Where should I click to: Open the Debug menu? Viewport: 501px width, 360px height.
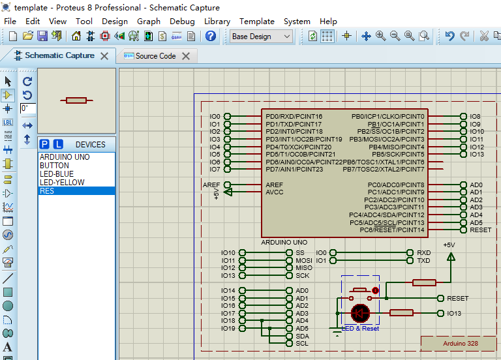(x=182, y=21)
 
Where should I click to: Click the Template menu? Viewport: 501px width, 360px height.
(x=256, y=21)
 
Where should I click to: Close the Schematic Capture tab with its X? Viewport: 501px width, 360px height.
(x=104, y=56)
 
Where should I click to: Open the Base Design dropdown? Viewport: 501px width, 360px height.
(x=261, y=37)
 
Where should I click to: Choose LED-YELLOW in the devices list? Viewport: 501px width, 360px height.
(x=62, y=183)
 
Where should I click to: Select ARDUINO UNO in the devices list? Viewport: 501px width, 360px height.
(x=65, y=157)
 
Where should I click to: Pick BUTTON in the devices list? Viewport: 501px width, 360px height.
(x=54, y=166)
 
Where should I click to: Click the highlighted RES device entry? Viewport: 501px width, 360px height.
(x=47, y=191)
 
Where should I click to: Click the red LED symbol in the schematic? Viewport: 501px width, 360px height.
(x=360, y=313)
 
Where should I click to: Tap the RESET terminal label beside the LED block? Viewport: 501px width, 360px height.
(x=457, y=298)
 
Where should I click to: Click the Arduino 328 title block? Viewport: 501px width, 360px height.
(x=460, y=343)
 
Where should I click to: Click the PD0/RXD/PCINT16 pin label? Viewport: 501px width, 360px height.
(x=294, y=117)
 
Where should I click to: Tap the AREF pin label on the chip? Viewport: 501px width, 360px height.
(x=274, y=185)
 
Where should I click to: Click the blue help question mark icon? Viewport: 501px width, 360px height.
(x=211, y=37)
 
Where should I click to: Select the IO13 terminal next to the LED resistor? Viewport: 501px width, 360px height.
(x=454, y=314)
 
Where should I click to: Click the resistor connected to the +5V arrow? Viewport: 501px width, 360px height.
(x=425, y=282)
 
